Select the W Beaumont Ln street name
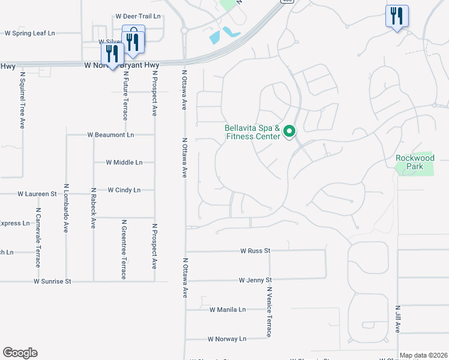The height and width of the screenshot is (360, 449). click(x=110, y=135)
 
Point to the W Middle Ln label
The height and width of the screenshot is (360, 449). click(x=124, y=163)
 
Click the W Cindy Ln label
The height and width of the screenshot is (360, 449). click(x=124, y=190)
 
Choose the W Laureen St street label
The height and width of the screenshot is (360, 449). click(x=37, y=194)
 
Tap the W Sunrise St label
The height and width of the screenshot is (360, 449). click(x=52, y=281)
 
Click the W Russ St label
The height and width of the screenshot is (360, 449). click(x=256, y=251)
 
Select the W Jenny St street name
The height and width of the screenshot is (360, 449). click(x=255, y=280)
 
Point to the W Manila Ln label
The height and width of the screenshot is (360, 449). click(x=228, y=310)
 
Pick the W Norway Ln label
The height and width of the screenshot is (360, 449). click(x=227, y=339)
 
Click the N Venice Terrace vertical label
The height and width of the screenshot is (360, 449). click(x=270, y=311)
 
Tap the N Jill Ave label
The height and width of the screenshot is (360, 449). click(x=397, y=319)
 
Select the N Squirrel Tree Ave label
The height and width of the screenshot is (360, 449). click(x=22, y=101)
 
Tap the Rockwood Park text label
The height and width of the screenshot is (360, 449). click(x=415, y=162)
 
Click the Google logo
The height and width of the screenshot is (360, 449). click(x=20, y=353)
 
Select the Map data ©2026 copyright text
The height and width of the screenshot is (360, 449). click(x=424, y=355)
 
